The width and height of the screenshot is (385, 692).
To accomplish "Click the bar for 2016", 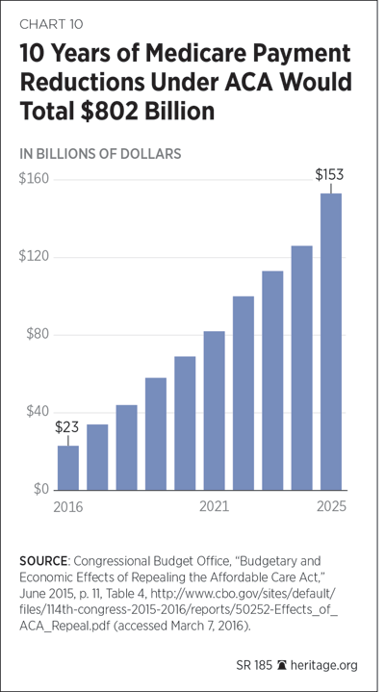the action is [68, 468].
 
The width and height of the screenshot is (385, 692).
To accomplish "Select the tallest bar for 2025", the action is [331, 342].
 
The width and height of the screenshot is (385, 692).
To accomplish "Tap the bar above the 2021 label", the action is [214, 410].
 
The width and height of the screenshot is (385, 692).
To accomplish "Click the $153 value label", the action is [329, 175].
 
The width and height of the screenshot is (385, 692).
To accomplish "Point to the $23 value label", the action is [67, 427].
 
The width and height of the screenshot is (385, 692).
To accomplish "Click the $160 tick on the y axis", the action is [33, 180].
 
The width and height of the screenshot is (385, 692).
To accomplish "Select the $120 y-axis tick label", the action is [33, 257].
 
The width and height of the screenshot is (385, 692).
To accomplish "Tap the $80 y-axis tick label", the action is [37, 335].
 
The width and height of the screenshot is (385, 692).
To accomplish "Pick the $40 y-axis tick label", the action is [37, 412].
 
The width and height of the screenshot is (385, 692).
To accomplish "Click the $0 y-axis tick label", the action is [39, 490].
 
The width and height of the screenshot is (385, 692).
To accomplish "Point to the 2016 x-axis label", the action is [68, 506].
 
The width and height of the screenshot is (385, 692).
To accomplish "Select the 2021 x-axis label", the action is [214, 506].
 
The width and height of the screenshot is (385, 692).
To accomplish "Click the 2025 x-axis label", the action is [331, 506].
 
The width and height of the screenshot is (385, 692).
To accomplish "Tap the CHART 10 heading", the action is [51, 24].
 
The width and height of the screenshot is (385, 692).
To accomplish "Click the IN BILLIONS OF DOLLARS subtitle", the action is [100, 153].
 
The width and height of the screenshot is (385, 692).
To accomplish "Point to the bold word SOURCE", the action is [42, 561].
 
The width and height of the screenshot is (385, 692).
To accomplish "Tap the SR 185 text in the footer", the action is [258, 665].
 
